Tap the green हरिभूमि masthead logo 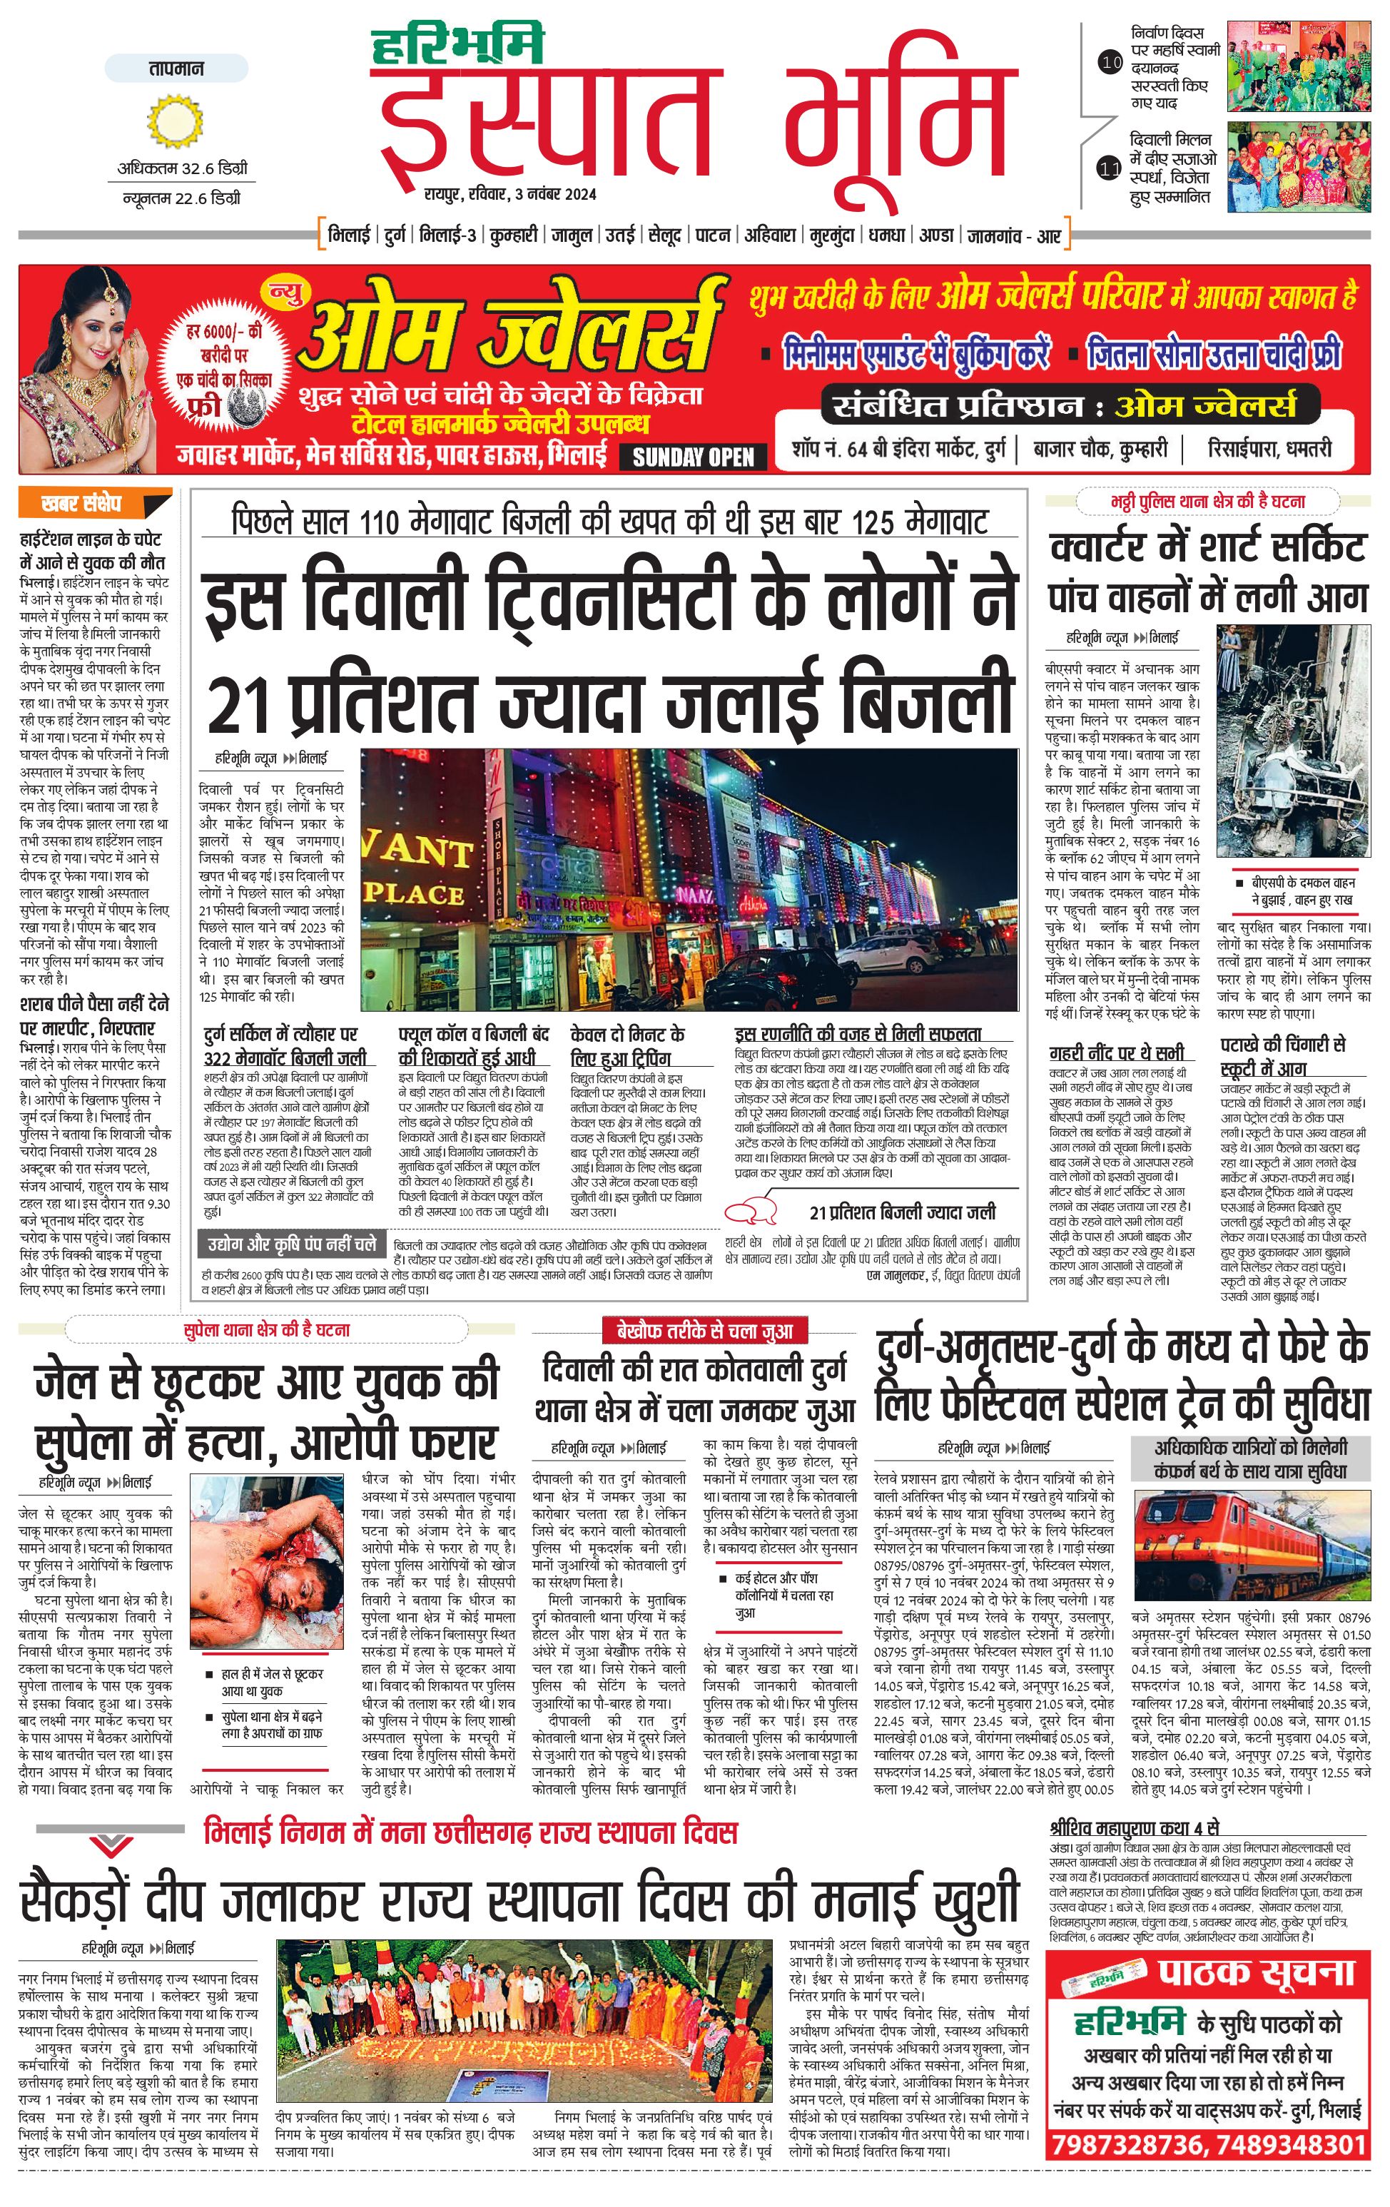point(457,45)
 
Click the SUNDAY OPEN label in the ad point(693,457)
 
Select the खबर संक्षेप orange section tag point(93,503)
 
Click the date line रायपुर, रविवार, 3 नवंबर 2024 point(509,193)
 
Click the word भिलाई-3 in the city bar point(447,235)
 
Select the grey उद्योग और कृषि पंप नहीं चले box point(291,1244)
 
